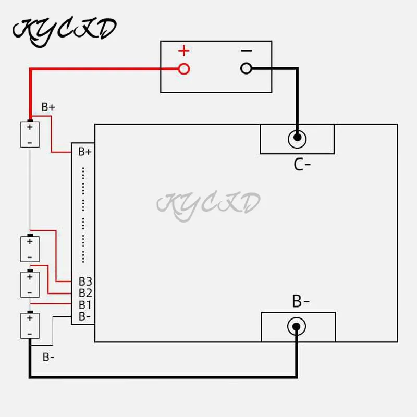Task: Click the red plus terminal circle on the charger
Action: tap(183, 68)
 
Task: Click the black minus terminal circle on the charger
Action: tap(246, 68)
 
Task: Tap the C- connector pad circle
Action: tap(297, 139)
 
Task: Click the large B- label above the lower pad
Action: tap(301, 301)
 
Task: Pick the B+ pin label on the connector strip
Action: tap(85, 152)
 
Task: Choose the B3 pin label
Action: tap(85, 282)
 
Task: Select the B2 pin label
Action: tap(85, 293)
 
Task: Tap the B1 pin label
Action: tap(85, 305)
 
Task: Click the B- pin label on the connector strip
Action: tap(85, 316)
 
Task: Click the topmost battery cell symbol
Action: tap(30, 134)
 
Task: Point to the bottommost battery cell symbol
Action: tap(30, 325)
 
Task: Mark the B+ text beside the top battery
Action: tap(48, 107)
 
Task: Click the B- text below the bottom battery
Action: tap(49, 358)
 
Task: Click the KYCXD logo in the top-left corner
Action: tap(64, 29)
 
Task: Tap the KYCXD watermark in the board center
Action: tap(208, 203)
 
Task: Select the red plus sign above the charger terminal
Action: tap(183, 51)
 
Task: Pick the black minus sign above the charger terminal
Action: tap(246, 51)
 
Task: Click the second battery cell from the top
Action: tap(30, 249)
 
